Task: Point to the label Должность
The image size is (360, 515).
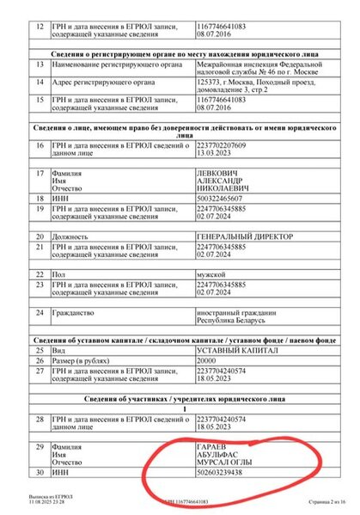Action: click(72, 236)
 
